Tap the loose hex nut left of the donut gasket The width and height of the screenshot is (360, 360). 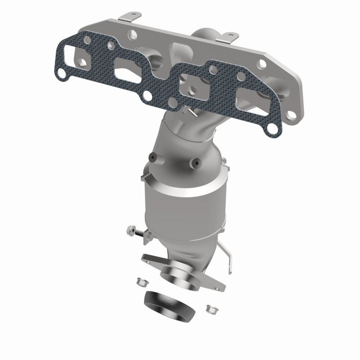point(139,282)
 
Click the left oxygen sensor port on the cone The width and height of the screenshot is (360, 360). point(153,157)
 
